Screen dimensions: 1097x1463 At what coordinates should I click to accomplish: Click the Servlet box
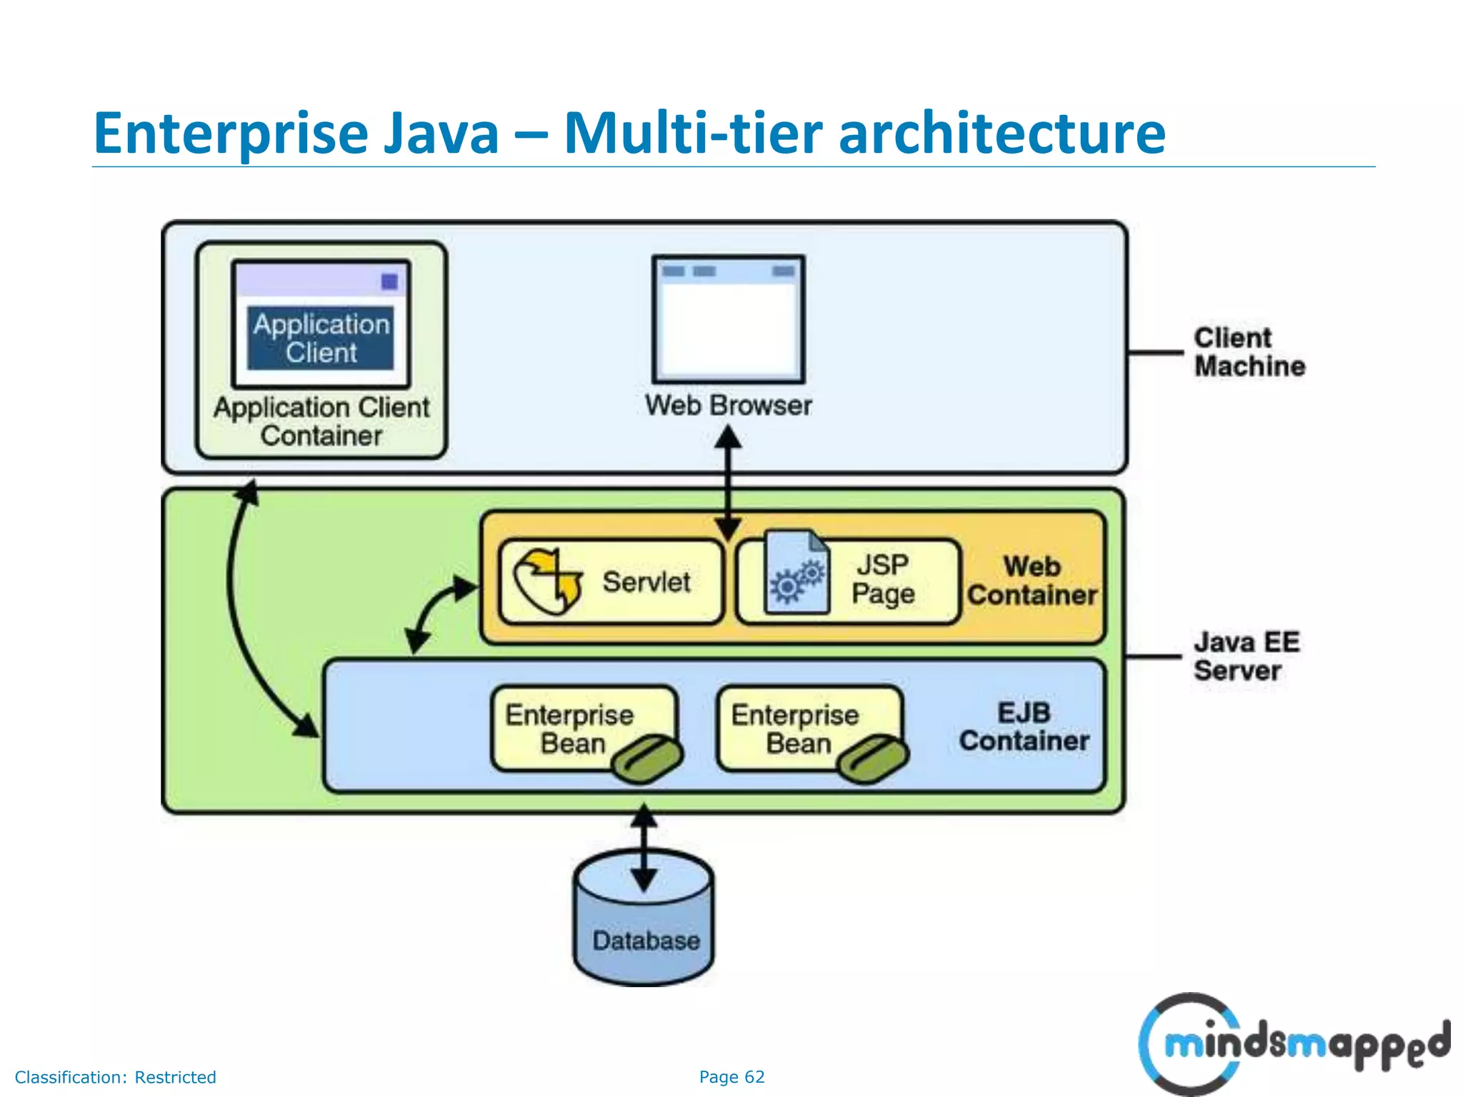tap(611, 582)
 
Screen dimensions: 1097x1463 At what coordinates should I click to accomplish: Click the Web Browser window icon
tap(728, 319)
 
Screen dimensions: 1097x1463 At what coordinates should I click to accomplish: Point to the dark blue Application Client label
tap(321, 339)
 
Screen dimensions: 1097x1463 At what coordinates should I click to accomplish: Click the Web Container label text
tap(1032, 581)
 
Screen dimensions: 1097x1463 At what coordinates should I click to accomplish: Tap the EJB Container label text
tap(1024, 727)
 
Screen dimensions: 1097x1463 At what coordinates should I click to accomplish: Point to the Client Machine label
tap(1249, 352)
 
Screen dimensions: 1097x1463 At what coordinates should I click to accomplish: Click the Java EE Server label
tap(1246, 656)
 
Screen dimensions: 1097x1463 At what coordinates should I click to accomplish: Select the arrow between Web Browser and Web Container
tap(728, 486)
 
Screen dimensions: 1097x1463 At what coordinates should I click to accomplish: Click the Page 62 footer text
tap(731, 1077)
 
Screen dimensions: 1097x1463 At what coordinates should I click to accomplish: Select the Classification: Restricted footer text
tap(115, 1077)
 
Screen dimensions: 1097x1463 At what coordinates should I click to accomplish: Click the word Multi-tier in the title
tap(693, 134)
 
